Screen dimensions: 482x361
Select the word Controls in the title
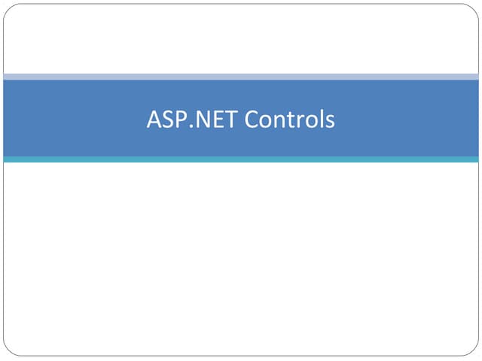tap(289, 119)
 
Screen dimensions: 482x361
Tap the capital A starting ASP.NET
tap(154, 119)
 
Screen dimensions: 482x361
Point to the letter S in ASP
tap(169, 119)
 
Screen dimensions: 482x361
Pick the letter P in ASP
tap(183, 119)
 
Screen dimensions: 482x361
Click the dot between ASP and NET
tap(191, 126)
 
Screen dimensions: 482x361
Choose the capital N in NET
tap(203, 119)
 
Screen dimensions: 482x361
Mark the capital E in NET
tap(219, 119)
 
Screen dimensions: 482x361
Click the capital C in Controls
tap(252, 119)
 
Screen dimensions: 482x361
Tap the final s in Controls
tap(331, 122)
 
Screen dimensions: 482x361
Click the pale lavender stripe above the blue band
tap(241, 77)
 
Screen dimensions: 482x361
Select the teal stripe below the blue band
tap(241, 159)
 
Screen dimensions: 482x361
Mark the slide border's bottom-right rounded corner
tap(474, 352)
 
